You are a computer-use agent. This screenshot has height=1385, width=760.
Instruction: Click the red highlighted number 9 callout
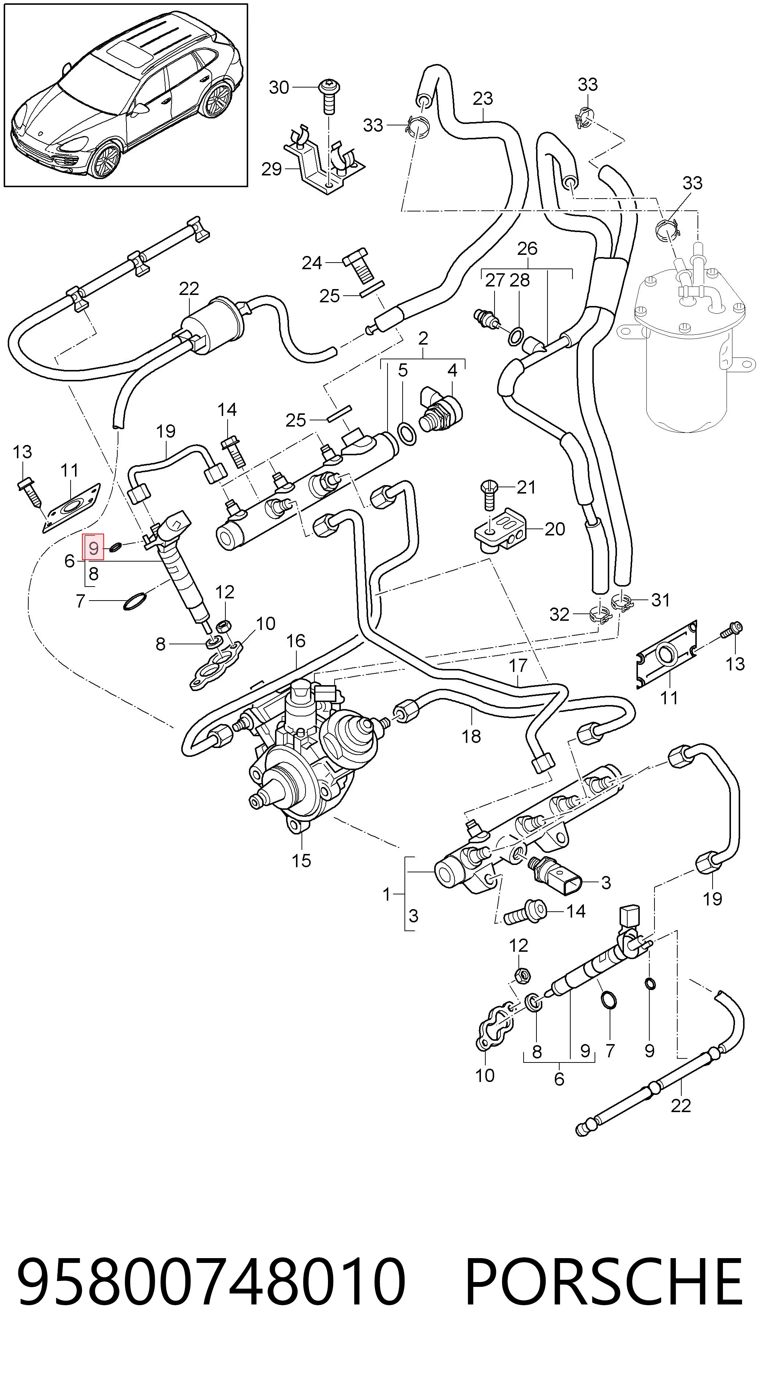click(93, 548)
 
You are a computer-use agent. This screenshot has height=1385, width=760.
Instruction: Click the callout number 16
click(296, 641)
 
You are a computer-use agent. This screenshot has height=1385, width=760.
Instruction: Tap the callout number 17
click(518, 666)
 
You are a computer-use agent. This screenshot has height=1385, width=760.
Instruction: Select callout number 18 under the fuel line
click(471, 736)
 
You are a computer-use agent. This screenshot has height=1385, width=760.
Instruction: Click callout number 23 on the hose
click(483, 99)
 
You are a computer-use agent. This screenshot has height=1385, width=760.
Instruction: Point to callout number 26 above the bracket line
click(527, 248)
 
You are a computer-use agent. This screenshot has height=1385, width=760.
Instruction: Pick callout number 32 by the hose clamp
click(559, 614)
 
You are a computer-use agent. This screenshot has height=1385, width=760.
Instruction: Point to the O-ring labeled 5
click(406, 434)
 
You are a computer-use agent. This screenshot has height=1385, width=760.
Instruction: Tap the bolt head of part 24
click(355, 258)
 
